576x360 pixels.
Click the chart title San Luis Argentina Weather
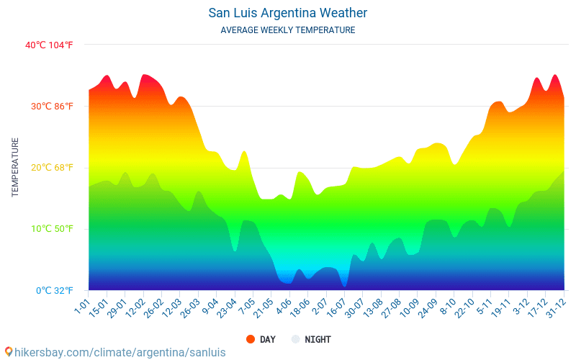pos(288,13)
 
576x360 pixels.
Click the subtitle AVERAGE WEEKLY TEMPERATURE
pos(288,30)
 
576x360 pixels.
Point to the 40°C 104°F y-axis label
pos(49,45)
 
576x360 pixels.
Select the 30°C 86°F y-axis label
pos(51,106)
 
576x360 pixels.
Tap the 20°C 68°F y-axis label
pos(51,168)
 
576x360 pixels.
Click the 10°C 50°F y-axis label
pos(51,229)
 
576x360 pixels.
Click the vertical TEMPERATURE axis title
pos(15,168)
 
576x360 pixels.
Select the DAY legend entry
pos(267,339)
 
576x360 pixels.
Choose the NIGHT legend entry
pos(318,339)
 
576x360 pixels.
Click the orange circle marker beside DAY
pos(251,339)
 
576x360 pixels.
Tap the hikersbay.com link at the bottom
pos(120,352)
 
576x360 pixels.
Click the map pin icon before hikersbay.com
pos(8,352)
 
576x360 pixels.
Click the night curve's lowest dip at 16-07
pos(344,286)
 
